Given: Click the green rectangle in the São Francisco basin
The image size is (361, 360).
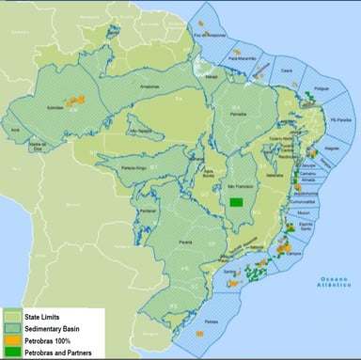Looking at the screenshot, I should pyautogui.click(x=238, y=200).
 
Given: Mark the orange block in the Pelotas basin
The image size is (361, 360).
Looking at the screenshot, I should pyautogui.click(x=199, y=333).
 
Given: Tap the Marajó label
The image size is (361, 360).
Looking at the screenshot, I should pyautogui.click(x=212, y=77).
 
